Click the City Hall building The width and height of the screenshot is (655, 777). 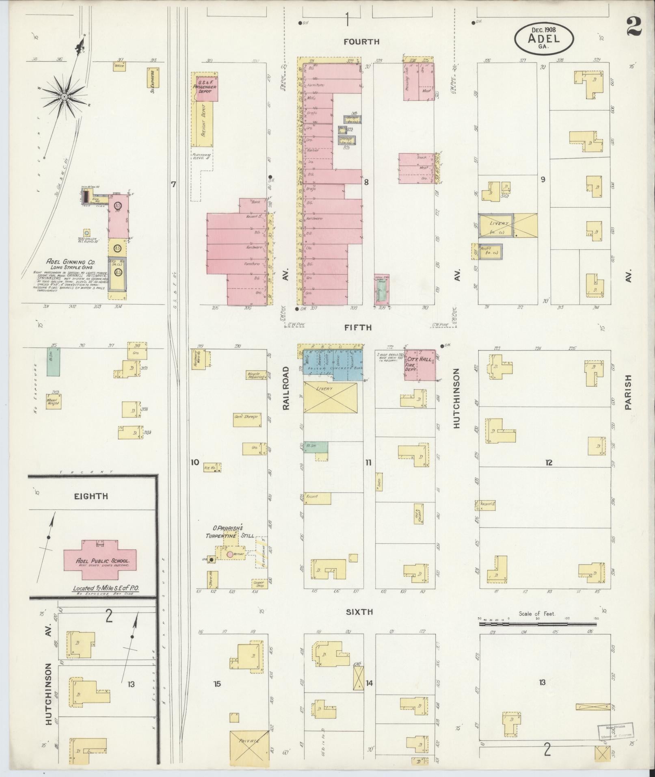(x=421, y=365)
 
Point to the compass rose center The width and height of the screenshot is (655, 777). (x=64, y=97)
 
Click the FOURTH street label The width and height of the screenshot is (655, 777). (x=361, y=41)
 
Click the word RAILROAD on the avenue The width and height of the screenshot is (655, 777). (x=286, y=388)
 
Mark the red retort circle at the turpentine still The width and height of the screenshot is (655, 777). (x=230, y=554)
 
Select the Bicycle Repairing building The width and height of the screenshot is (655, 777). (x=256, y=375)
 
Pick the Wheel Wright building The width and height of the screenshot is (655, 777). (x=53, y=401)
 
